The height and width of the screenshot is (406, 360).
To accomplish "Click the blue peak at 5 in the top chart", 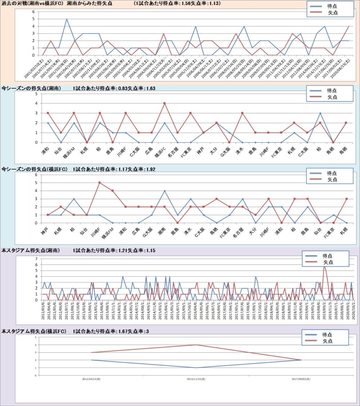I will click(67, 19).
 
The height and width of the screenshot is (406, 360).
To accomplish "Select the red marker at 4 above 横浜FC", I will click(165, 103).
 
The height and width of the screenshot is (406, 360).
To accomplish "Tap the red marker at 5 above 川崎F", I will click(99, 182).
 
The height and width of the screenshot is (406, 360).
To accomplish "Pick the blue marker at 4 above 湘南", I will click(165, 191).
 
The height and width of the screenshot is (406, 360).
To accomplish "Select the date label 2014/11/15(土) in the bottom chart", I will click(196, 379).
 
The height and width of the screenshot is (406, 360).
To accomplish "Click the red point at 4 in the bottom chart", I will click(196, 345).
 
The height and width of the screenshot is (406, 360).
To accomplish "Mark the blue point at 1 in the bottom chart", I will click(196, 367).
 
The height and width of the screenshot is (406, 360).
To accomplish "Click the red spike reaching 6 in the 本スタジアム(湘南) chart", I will click(324, 266).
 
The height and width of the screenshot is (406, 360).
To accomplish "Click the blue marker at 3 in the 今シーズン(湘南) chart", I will click(320, 113).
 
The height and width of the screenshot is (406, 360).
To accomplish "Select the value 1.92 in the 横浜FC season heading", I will click(150, 169).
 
